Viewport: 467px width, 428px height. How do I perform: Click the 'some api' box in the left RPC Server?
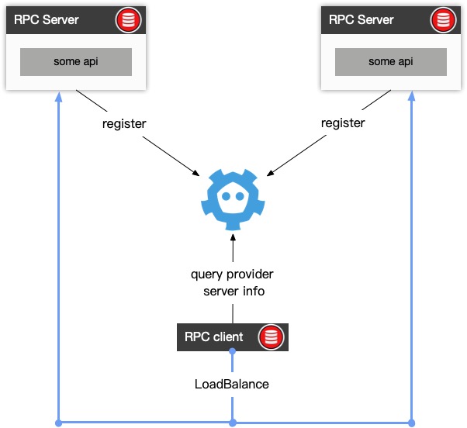coord(75,60)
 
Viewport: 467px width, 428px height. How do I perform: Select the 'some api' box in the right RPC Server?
coord(390,60)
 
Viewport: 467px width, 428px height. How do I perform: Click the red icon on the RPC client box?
coord(270,337)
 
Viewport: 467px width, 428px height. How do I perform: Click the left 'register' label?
coord(123,123)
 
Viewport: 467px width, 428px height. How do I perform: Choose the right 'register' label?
coord(342,123)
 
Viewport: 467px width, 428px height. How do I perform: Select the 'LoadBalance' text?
coord(232,384)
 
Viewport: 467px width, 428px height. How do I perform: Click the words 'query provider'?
coord(232,274)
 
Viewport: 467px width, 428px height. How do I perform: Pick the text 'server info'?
coord(233,291)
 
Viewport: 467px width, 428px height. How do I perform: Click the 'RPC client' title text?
coord(213,337)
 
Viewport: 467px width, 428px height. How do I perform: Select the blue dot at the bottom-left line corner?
coord(58,423)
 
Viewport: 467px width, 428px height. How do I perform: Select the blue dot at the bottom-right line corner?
coord(411,423)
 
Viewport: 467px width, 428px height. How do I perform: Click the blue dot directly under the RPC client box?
coord(232,354)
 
